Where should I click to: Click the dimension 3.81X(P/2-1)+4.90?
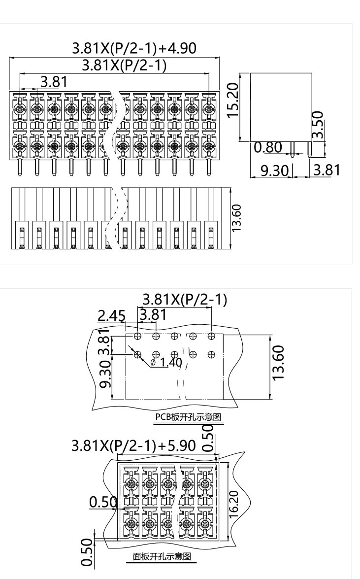coord(134,48)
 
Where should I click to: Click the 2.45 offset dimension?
coord(111,315)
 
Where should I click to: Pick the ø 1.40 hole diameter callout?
coord(166,362)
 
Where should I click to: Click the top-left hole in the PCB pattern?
coord(137,336)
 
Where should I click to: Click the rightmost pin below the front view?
coord(209,167)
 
